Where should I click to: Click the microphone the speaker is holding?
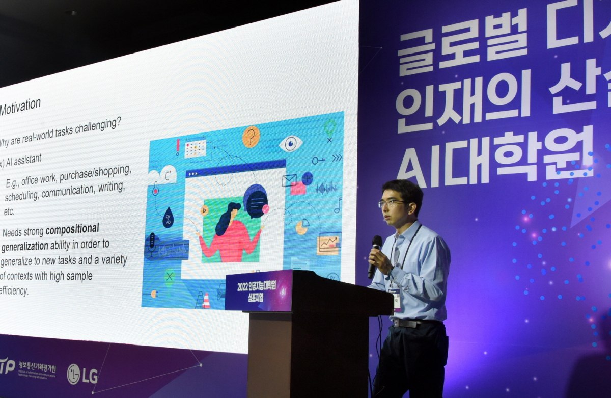coord(375,250)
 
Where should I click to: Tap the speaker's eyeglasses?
coord(392,203)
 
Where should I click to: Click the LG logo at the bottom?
coord(82,374)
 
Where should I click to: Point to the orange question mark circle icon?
coord(251,137)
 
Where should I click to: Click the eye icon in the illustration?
coord(291,144)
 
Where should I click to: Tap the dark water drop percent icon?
coord(168,218)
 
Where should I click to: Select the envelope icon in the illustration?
coord(289,180)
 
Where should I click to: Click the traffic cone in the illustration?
coord(206,300)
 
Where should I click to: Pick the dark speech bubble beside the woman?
coord(255,200)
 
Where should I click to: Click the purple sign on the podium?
coord(258,291)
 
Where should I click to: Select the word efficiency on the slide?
coord(15,291)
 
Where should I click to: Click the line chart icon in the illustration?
coord(328,243)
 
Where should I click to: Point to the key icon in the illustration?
coord(319,161)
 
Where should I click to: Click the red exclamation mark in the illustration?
coord(178,147)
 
